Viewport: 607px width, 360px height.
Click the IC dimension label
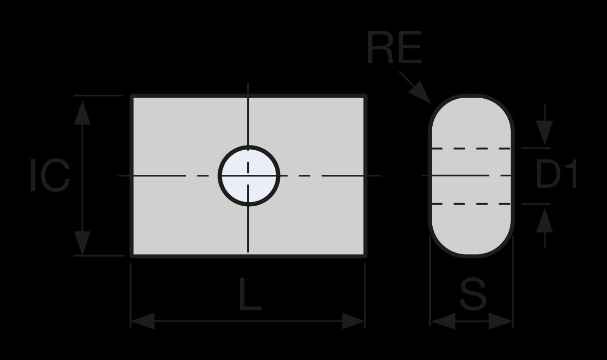coord(50,175)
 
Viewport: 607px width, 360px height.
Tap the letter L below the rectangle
coord(250,294)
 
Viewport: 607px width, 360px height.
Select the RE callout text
coord(394,48)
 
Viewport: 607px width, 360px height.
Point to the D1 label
coord(556,174)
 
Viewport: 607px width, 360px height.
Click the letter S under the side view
coord(473,294)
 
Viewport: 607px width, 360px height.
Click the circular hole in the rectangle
coord(249,175)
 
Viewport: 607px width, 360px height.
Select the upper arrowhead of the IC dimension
coord(82,113)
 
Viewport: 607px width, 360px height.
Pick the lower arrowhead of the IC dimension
coord(82,243)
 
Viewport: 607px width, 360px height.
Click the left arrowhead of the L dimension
coord(143,321)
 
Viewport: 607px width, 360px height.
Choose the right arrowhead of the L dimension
coord(354,321)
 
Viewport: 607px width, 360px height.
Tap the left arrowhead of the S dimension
coord(443,321)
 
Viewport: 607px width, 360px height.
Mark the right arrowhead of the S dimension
coord(501,321)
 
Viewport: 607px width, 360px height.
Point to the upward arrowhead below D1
coord(544,221)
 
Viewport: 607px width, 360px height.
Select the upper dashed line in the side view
coord(471,149)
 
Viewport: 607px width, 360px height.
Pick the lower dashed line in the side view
coord(471,204)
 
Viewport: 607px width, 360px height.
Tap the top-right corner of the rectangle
coord(365,96)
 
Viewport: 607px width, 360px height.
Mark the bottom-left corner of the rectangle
coord(132,256)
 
